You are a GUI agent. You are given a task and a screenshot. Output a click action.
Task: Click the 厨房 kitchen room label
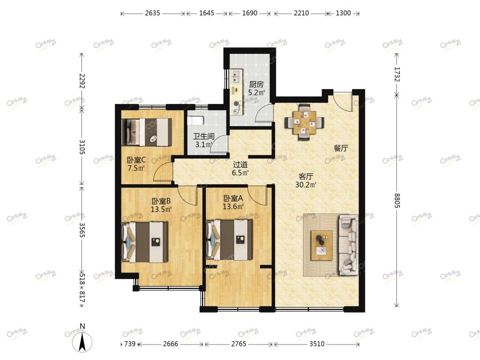[256, 84]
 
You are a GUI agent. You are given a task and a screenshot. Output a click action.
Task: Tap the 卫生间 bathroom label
[203, 136]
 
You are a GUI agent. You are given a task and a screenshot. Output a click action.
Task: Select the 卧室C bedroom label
[136, 160]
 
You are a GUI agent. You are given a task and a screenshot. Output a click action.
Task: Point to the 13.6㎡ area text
[233, 207]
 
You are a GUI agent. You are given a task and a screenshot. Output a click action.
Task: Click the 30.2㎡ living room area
[306, 185]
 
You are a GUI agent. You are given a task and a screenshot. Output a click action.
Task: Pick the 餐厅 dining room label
[341, 149]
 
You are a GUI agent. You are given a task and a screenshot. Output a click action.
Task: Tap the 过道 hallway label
[240, 165]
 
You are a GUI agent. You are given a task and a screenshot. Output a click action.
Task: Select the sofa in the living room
[348, 245]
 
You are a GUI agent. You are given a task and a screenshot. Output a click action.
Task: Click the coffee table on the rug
[322, 246]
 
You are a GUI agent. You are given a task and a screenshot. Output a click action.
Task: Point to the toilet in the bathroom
[195, 120]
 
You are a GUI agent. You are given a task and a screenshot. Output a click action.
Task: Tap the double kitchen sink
[236, 76]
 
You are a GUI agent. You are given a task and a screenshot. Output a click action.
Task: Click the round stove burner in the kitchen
[236, 104]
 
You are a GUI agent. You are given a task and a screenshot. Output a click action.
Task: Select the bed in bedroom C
[147, 132]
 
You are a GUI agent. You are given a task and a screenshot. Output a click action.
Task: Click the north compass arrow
[82, 342]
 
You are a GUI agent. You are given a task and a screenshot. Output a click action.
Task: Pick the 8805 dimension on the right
[397, 201]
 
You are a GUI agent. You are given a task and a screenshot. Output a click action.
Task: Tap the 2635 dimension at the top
[152, 13]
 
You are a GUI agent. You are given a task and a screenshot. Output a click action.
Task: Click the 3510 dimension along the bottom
[316, 344]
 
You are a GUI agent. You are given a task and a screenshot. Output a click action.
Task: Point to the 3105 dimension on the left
[82, 147]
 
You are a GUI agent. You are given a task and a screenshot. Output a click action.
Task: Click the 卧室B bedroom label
[161, 201]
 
